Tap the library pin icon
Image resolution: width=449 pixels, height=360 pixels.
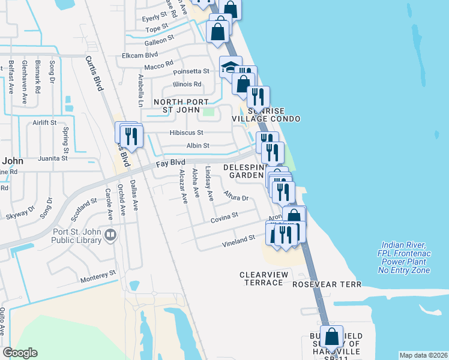tap(109, 235)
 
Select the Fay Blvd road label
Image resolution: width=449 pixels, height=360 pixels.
tap(170, 162)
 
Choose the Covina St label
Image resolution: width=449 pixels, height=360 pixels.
tap(224, 218)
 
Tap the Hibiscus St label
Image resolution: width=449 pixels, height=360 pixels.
tap(187, 132)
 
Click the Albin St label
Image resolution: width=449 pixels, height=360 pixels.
tap(197, 145)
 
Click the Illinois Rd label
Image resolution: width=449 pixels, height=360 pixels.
tap(187, 84)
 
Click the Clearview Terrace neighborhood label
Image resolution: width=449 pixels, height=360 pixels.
tap(264, 278)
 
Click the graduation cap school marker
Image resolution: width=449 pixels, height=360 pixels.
tap(230, 67)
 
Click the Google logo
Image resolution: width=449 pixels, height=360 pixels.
tap(20, 353)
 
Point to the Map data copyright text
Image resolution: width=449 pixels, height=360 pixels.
tap(424, 355)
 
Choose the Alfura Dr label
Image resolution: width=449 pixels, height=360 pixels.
tap(236, 197)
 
